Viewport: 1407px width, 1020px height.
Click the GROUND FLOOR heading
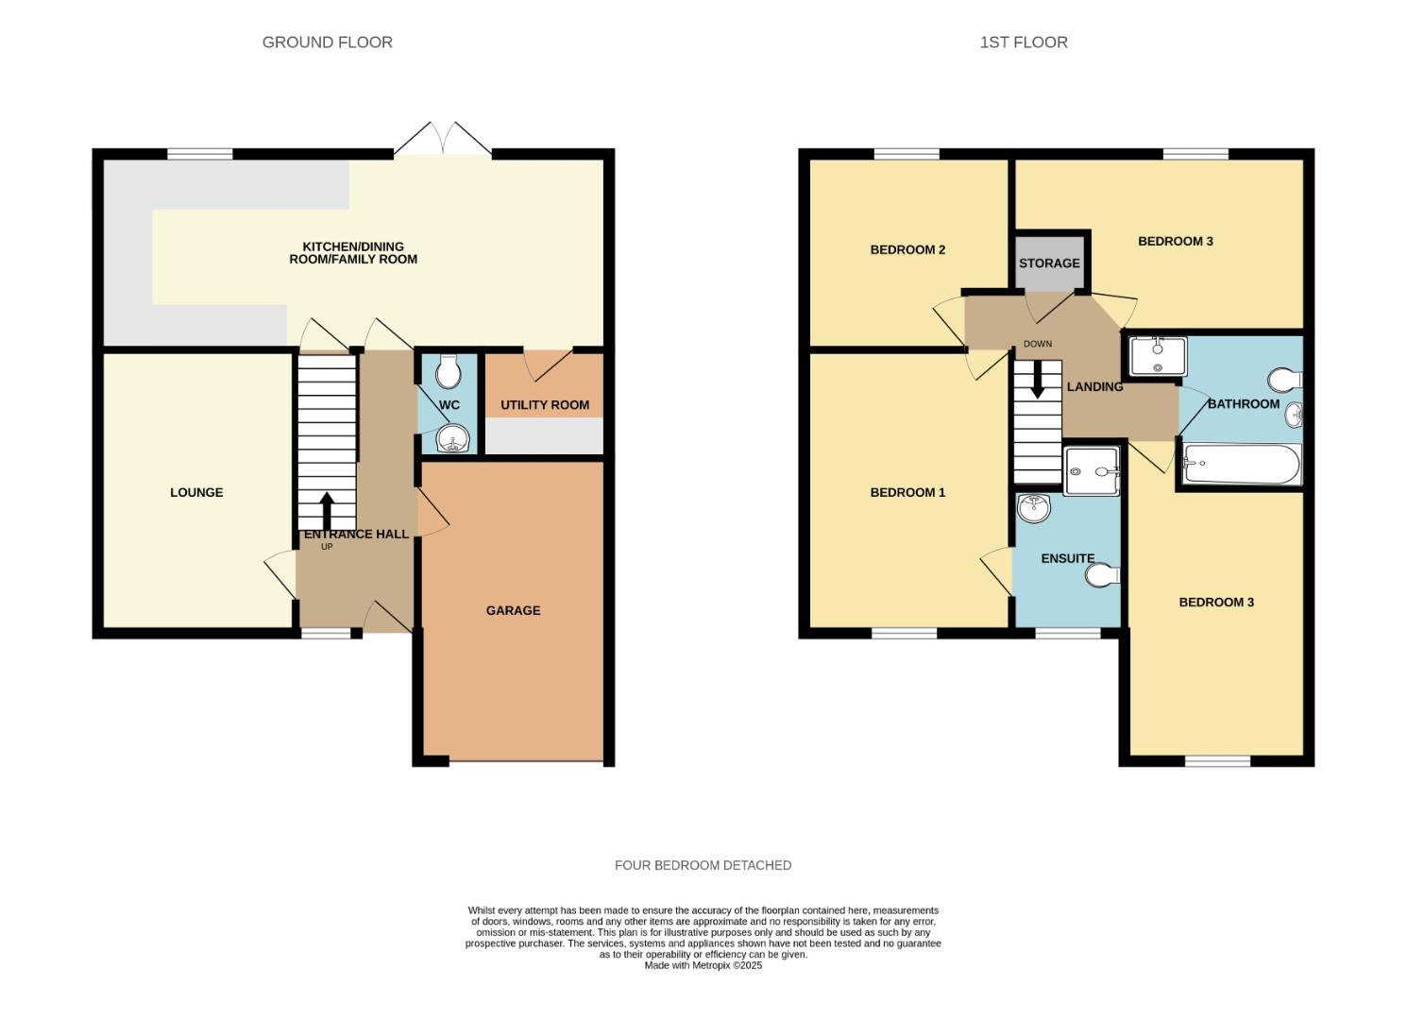pos(327,42)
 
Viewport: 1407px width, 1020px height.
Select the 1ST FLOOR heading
pos(1024,42)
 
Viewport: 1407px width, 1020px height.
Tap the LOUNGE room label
pos(196,492)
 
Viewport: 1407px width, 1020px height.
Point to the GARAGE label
pos(513,610)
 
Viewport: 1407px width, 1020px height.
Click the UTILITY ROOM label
pos(544,405)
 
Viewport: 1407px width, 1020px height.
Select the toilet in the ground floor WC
pos(449,372)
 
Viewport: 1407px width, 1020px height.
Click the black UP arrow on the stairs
pos(327,511)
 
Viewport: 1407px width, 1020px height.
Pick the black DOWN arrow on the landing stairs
pos(1037,380)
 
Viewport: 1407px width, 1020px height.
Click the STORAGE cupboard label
pos(1049,263)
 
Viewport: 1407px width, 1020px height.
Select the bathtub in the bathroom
pos(1241,464)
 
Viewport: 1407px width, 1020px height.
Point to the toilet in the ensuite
pos(1103,574)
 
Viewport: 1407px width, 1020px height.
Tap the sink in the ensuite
pos(1034,507)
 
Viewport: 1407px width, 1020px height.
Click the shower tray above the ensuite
pos(1091,471)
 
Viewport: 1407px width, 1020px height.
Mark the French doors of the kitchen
pos(443,140)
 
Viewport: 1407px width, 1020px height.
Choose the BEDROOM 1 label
pos(907,492)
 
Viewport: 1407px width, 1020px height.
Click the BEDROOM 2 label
pos(907,250)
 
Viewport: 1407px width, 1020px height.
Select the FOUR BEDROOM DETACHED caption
pos(703,865)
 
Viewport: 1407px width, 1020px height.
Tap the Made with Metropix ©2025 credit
pos(703,966)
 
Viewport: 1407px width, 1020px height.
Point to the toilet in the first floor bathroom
pos(1286,380)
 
